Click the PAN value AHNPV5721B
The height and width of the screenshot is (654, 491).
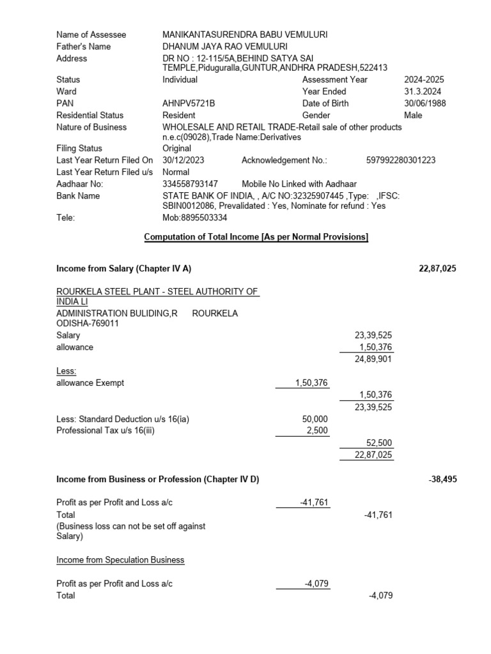coord(189,103)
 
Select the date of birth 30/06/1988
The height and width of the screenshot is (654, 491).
coord(425,103)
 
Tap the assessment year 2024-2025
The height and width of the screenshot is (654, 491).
coord(424,80)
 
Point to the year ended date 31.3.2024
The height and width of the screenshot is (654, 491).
coord(419,91)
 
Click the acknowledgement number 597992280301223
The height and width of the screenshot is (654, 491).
coord(401,160)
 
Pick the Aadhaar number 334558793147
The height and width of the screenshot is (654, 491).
coord(191,184)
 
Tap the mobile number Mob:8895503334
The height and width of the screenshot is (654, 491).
coord(194,218)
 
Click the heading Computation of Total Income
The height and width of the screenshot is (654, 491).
coord(256,237)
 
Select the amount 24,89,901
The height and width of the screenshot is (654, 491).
coord(374,359)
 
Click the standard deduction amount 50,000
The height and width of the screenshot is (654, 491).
coord(315,419)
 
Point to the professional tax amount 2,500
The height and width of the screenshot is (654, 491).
coord(317,430)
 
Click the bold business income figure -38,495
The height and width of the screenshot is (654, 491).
coord(442,479)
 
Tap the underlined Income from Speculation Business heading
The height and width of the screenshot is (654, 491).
coord(120,560)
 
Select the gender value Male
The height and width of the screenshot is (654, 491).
coord(413,116)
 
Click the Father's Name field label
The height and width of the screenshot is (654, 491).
coord(83,47)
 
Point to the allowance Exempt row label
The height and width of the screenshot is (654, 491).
coord(90,383)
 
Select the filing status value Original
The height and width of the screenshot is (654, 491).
coord(177,148)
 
